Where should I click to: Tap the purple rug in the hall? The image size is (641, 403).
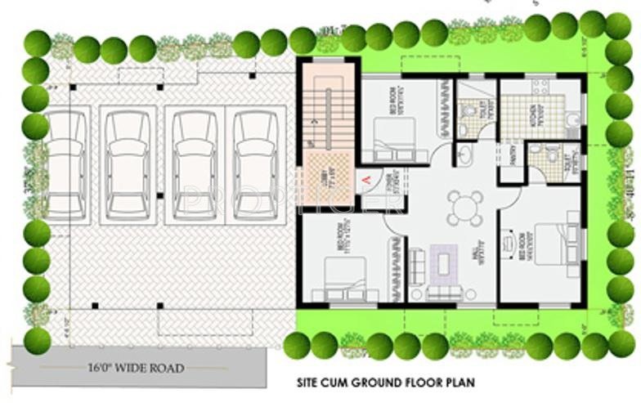click(x=444, y=263)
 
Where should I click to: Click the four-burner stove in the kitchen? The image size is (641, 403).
click(x=539, y=87)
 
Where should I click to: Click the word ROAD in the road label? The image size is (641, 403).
click(x=165, y=368)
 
